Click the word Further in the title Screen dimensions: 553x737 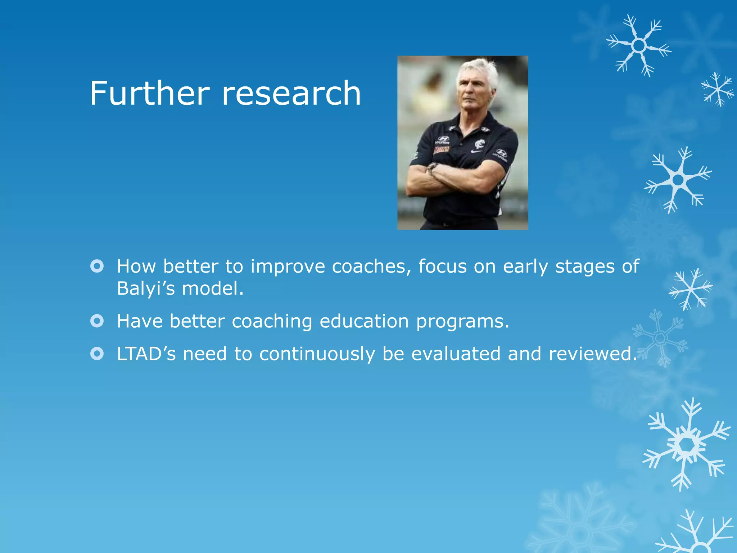(x=149, y=94)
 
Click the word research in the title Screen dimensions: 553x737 (x=291, y=94)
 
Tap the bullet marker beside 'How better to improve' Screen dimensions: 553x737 (x=97, y=266)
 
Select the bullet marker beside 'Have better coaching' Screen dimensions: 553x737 (x=97, y=321)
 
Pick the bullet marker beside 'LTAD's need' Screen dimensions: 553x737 (x=97, y=354)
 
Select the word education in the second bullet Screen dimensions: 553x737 (x=364, y=321)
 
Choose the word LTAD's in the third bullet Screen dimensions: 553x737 (x=146, y=354)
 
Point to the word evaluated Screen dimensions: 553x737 (x=456, y=354)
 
